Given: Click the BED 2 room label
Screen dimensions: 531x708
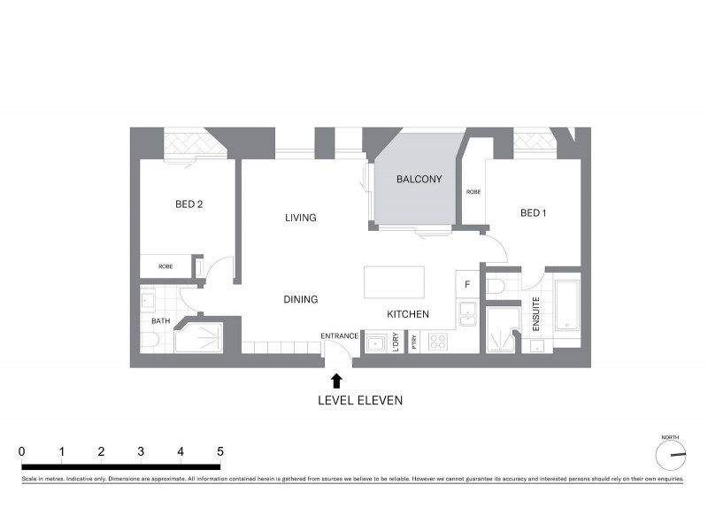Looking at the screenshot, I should pos(189,204).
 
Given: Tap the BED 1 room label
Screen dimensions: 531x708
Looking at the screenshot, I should pos(534,212).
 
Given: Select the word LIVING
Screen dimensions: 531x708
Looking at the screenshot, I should pos(301,218).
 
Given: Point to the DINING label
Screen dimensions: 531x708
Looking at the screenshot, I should pos(301,300).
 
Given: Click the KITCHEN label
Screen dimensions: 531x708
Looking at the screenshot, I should pos(408,314).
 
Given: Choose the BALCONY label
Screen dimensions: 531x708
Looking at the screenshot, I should pos(419,180).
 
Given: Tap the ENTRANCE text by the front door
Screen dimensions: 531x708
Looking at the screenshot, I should pos(340,336).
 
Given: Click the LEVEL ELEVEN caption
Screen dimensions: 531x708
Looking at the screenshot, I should pos(360,401).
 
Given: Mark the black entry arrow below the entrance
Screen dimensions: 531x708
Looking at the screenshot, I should pos(336,381).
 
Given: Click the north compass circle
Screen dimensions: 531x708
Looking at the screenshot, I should pos(671,455).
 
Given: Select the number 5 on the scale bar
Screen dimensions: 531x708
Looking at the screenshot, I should pos(219,452).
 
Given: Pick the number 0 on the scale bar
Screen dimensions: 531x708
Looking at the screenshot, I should pos(21,452).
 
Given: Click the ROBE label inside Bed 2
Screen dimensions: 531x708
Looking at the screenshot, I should pos(165,265).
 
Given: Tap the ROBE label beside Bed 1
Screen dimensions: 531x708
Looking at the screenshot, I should pos(473,191).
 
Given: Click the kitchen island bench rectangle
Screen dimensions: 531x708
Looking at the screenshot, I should pos(394,283).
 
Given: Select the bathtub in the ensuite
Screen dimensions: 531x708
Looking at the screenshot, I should pos(566,305).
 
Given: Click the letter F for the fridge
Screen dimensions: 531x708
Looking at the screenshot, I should pos(466,284).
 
